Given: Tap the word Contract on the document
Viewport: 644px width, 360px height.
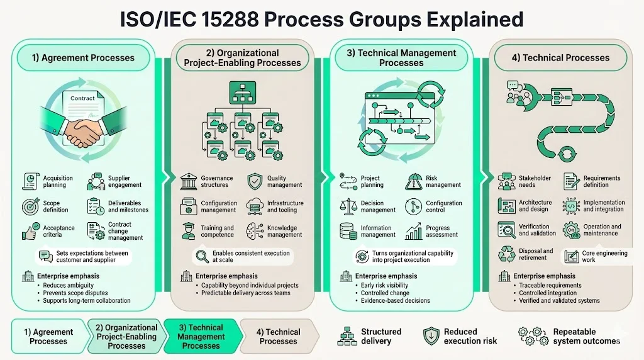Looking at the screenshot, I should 82,98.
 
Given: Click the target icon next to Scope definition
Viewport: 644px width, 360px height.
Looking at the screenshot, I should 29,206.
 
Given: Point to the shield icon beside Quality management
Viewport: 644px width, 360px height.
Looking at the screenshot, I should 254,181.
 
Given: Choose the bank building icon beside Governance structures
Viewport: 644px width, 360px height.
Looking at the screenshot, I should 188,182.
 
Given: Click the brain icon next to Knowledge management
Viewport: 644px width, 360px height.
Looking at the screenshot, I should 254,231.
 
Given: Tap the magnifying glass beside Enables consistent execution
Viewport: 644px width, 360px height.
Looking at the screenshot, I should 202,256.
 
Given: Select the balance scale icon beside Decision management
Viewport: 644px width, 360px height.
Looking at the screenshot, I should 348,206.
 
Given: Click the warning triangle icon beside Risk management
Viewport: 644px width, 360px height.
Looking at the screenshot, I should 414,181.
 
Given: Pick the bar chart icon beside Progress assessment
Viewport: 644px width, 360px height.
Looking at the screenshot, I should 414,231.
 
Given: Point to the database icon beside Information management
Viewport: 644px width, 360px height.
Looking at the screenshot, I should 348,231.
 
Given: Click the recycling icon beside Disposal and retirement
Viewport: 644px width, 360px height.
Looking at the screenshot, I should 506,254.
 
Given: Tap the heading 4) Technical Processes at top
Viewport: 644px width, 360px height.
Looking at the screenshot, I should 560,58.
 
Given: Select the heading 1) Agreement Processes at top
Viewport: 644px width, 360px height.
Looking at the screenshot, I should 83,58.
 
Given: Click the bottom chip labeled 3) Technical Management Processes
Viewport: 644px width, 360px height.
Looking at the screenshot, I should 201,337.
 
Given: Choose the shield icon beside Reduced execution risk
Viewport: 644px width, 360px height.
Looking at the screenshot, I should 431,336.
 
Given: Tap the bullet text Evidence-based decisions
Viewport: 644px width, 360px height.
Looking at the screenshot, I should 396,300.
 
